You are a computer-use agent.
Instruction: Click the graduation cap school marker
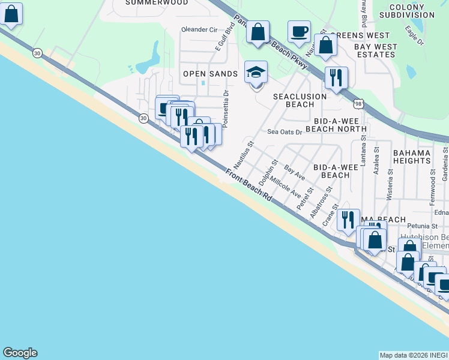(x=256, y=73)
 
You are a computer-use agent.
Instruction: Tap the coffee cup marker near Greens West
(x=299, y=32)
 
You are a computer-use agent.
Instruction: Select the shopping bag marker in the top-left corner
(x=11, y=14)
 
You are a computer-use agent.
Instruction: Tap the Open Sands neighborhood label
(x=210, y=74)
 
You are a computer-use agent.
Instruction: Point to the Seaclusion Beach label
(x=300, y=100)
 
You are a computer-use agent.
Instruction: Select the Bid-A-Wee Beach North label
(x=336, y=124)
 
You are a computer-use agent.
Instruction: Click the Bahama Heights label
(x=421, y=157)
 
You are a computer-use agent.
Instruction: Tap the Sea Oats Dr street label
(x=285, y=132)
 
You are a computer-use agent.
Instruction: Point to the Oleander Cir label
(x=199, y=29)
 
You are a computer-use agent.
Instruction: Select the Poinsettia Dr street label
(x=226, y=109)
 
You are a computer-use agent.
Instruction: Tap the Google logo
(x=20, y=353)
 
